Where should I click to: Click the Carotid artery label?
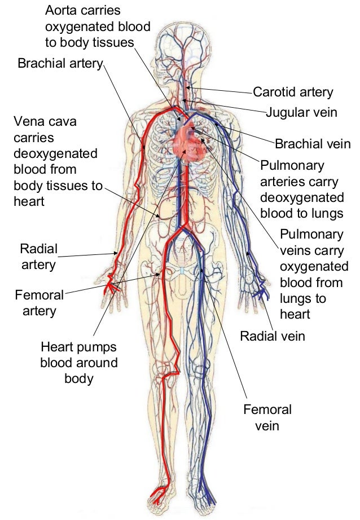[293, 92]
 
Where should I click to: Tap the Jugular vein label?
[302, 112]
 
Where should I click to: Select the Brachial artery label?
[60, 63]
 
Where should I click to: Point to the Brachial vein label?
[313, 144]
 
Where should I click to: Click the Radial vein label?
[273, 337]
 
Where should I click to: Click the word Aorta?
[60, 11]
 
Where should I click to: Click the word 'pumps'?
[98, 347]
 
